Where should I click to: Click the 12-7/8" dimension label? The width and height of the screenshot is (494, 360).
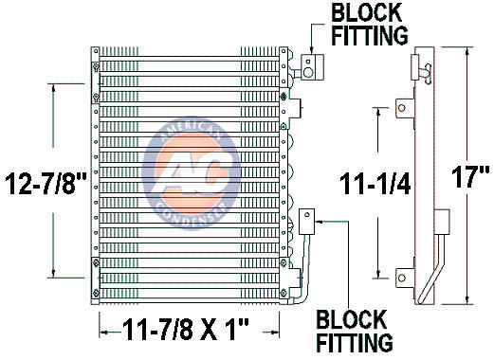[46, 183]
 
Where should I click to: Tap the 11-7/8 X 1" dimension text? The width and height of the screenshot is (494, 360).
[186, 330]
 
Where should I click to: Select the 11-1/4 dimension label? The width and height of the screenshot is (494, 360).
[375, 184]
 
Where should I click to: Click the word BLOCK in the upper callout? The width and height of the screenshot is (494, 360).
[366, 12]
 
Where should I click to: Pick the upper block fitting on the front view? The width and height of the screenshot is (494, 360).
[312, 67]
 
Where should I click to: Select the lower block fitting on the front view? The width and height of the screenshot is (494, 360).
[306, 222]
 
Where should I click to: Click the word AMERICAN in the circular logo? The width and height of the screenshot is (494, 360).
[192, 129]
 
